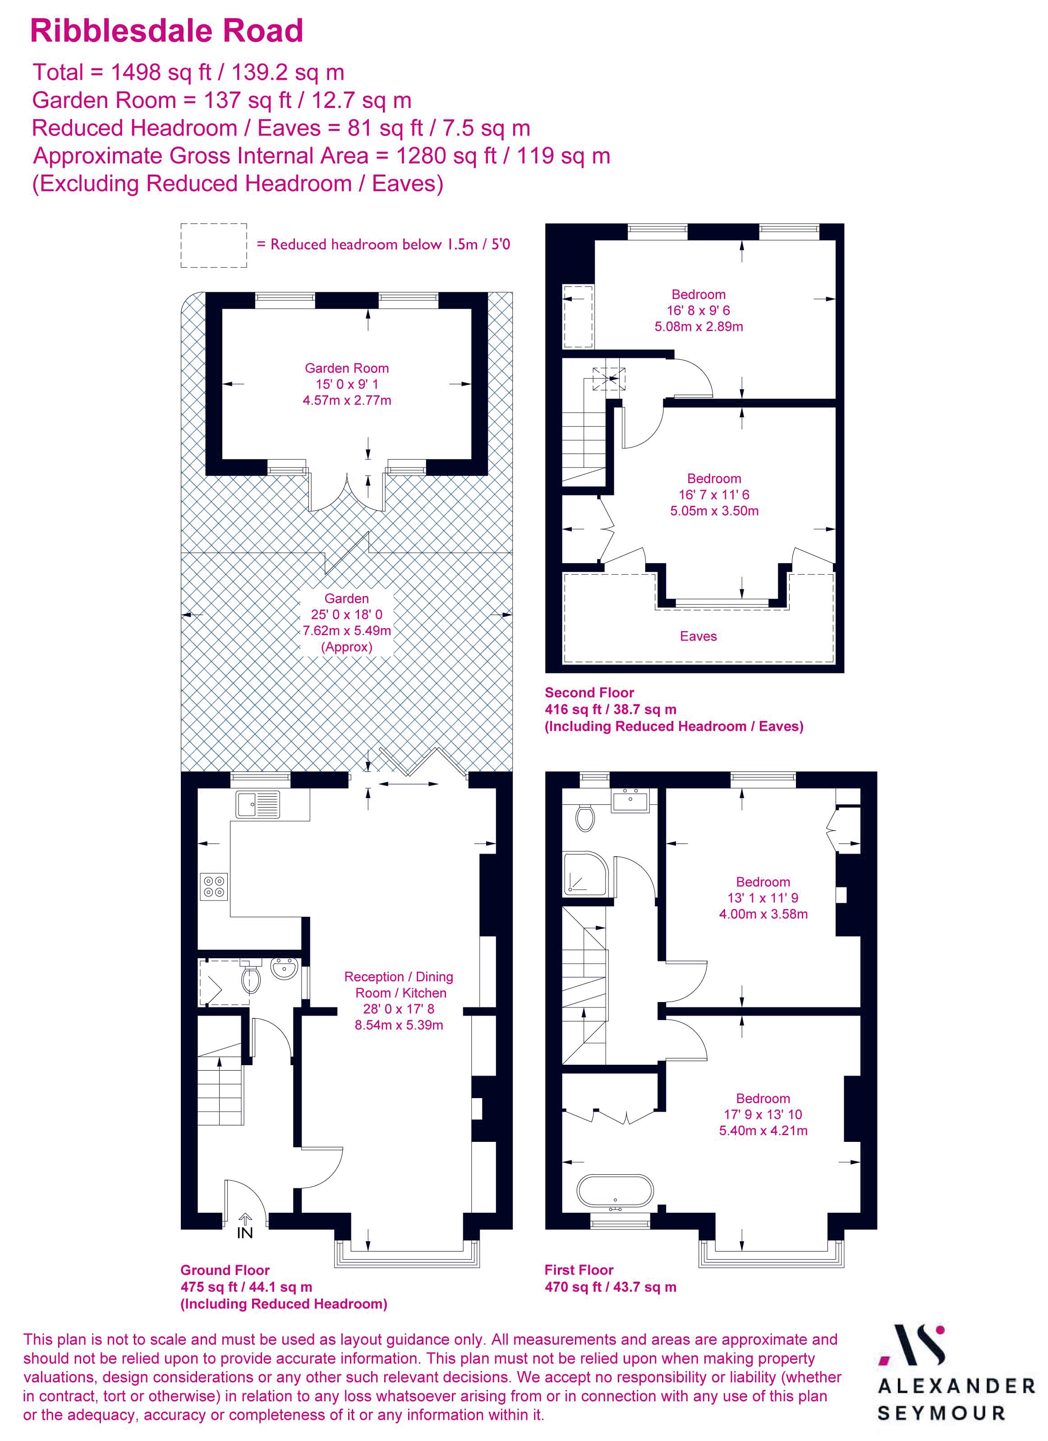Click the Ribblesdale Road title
tap(166, 31)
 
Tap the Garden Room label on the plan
tap(346, 368)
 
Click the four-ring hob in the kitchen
tap(214, 887)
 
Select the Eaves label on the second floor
tap(698, 636)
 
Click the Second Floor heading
tap(589, 693)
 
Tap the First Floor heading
tap(579, 1270)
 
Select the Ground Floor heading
tap(225, 1270)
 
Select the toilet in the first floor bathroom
tap(584, 817)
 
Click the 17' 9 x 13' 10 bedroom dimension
tap(763, 1114)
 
